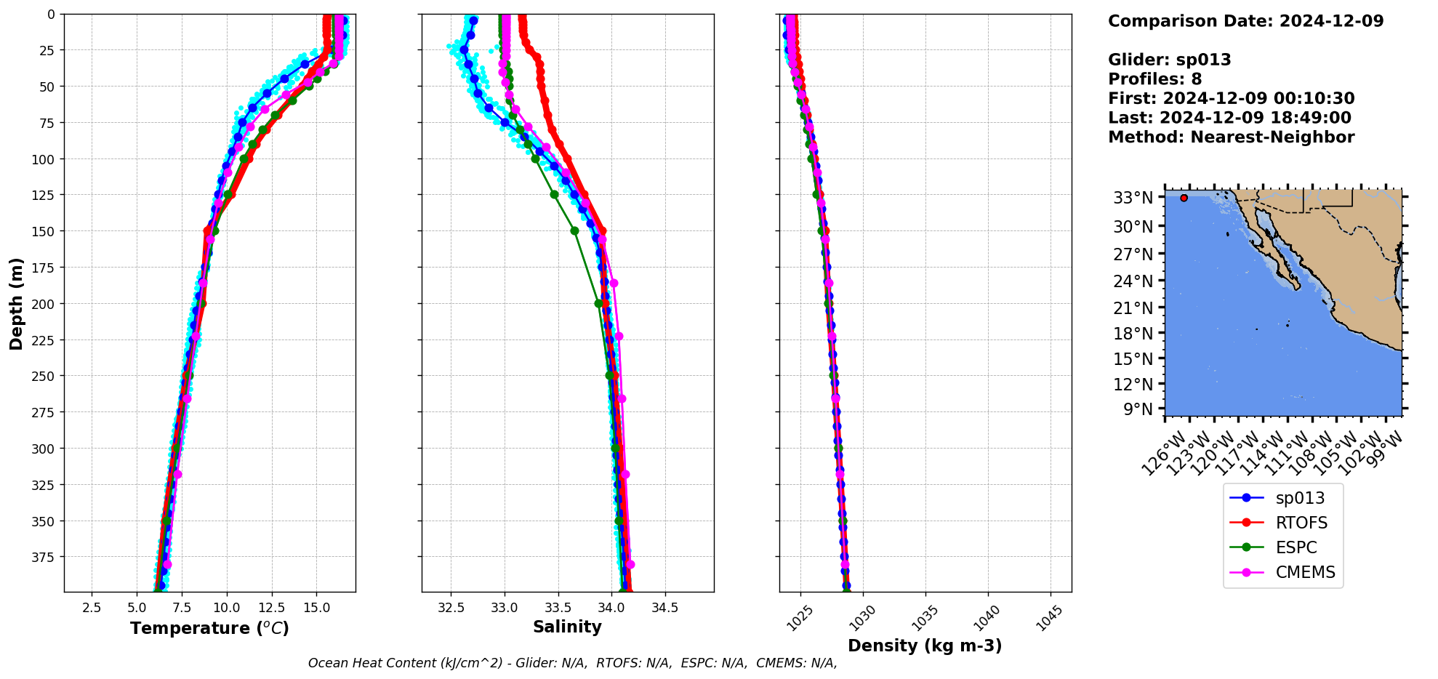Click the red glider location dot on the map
tap(1184, 198)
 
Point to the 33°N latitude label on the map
tap(1133, 198)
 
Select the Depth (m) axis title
tap(16, 303)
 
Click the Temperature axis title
tap(209, 628)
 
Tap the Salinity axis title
tap(567, 627)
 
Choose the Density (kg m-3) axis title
tap(925, 646)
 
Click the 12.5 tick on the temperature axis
tap(271, 608)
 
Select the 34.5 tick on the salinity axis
tap(664, 608)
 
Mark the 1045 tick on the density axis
tap(1049, 619)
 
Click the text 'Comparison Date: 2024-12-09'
tap(1245, 21)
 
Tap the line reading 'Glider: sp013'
tap(1169, 60)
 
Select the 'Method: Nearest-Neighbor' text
tap(1231, 137)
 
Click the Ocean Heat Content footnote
tap(572, 663)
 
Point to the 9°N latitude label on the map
tap(1138, 409)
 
